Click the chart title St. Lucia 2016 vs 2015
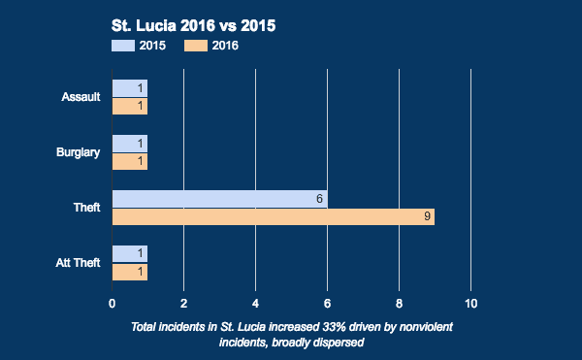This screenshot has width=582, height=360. click(195, 25)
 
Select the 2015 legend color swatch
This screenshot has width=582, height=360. click(122, 45)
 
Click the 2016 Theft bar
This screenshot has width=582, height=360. click(273, 217)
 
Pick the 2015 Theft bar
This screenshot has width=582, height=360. click(219, 199)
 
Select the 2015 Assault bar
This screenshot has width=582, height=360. click(129, 88)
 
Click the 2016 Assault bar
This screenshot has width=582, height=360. click(129, 107)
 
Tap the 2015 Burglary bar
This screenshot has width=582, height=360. click(129, 144)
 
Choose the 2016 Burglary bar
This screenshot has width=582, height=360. click(129, 162)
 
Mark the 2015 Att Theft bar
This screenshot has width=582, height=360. click(129, 254)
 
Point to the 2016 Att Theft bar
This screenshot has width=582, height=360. click(129, 273)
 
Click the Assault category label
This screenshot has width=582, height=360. click(81, 97)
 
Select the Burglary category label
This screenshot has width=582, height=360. click(79, 152)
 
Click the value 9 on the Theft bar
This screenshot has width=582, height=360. click(427, 217)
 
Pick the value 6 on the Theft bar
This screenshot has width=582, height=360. click(319, 199)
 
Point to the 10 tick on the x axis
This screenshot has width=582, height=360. click(471, 303)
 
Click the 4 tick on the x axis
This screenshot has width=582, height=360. click(256, 303)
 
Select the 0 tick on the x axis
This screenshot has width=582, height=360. click(113, 303)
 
